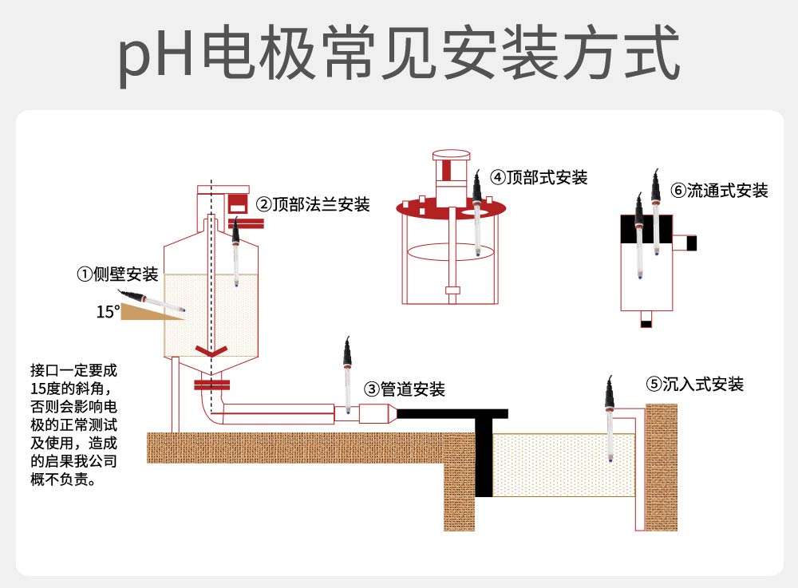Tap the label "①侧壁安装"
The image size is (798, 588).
tap(117, 275)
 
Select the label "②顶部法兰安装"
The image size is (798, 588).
tap(313, 204)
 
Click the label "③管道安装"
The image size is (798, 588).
tap(405, 389)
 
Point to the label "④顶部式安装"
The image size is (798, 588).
tap(539, 177)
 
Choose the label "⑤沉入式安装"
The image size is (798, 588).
tap(694, 385)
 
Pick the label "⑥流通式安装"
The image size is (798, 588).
tap(719, 191)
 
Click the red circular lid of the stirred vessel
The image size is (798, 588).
tap(452, 210)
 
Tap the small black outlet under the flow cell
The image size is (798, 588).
tap(646, 323)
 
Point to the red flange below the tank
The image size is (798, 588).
tap(211, 386)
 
